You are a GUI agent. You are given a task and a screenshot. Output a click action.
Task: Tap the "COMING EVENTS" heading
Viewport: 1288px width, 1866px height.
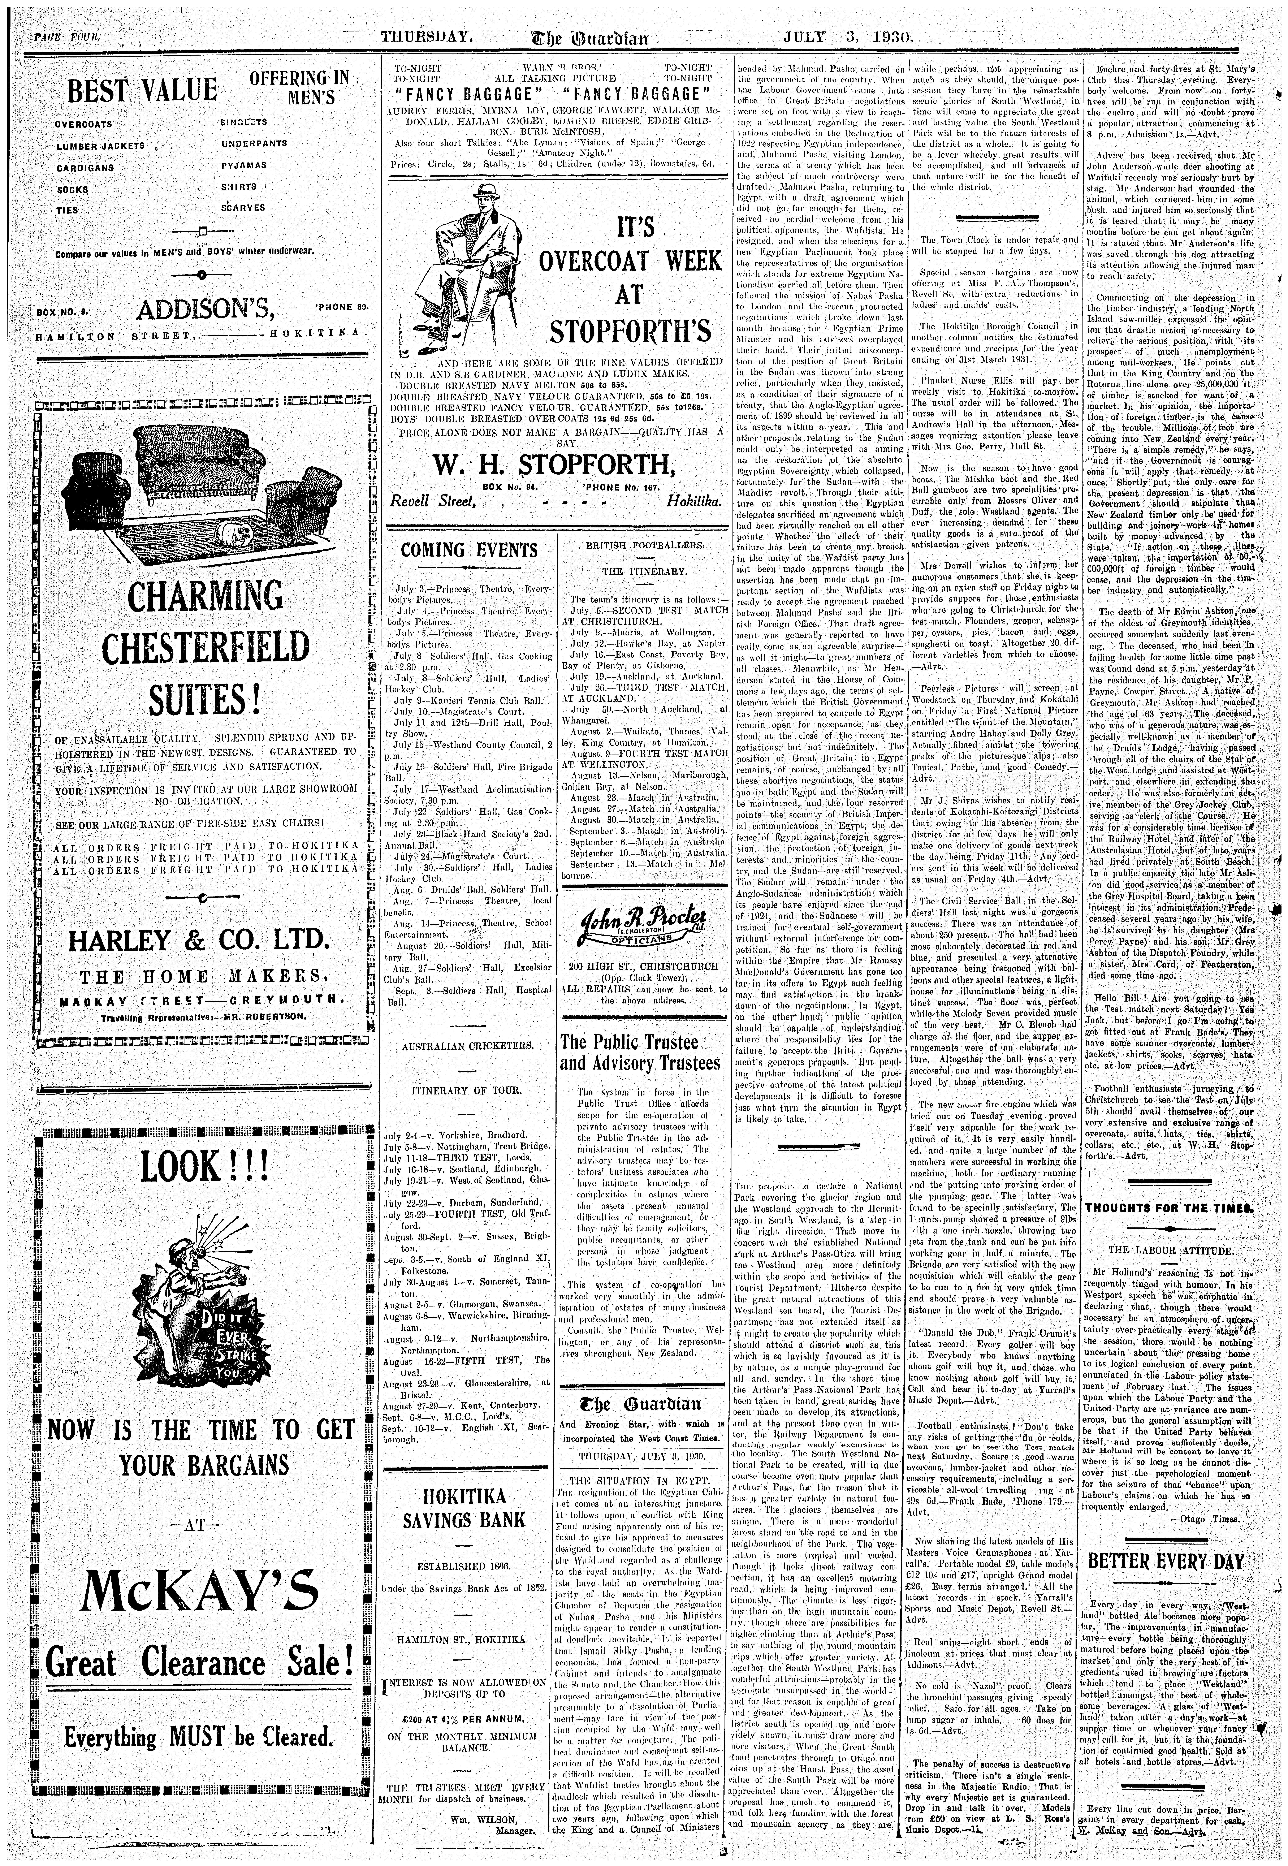[x=469, y=550]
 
